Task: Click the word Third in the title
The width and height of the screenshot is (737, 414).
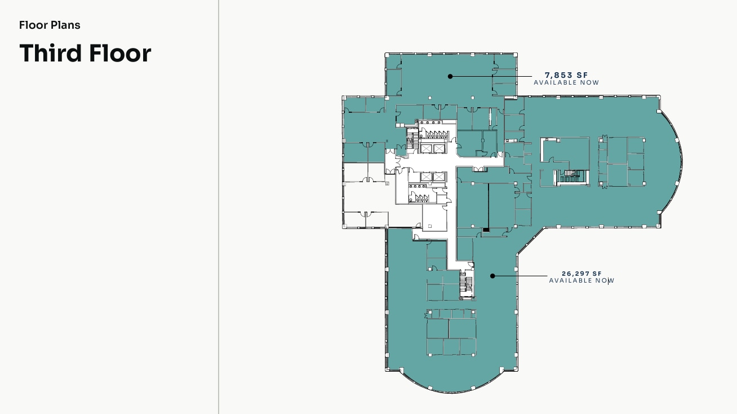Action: click(x=51, y=52)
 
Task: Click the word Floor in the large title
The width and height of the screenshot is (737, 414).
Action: click(x=120, y=52)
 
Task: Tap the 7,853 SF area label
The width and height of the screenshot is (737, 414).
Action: click(x=566, y=76)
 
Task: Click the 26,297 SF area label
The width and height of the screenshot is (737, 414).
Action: click(x=581, y=274)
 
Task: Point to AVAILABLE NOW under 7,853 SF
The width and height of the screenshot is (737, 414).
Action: click(x=566, y=83)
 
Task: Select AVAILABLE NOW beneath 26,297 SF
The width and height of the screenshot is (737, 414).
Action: click(x=581, y=281)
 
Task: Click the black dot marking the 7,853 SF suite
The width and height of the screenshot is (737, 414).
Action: click(x=450, y=76)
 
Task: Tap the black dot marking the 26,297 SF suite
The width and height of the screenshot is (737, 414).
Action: click(x=492, y=276)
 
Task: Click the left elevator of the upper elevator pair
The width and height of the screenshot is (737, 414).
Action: click(x=426, y=149)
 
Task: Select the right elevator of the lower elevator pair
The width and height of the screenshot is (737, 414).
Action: click(x=438, y=177)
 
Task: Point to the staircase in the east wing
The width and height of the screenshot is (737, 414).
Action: click(x=572, y=176)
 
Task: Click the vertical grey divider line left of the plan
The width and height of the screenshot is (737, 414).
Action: click(x=219, y=207)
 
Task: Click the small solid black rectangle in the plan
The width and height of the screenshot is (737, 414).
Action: click(x=486, y=230)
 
